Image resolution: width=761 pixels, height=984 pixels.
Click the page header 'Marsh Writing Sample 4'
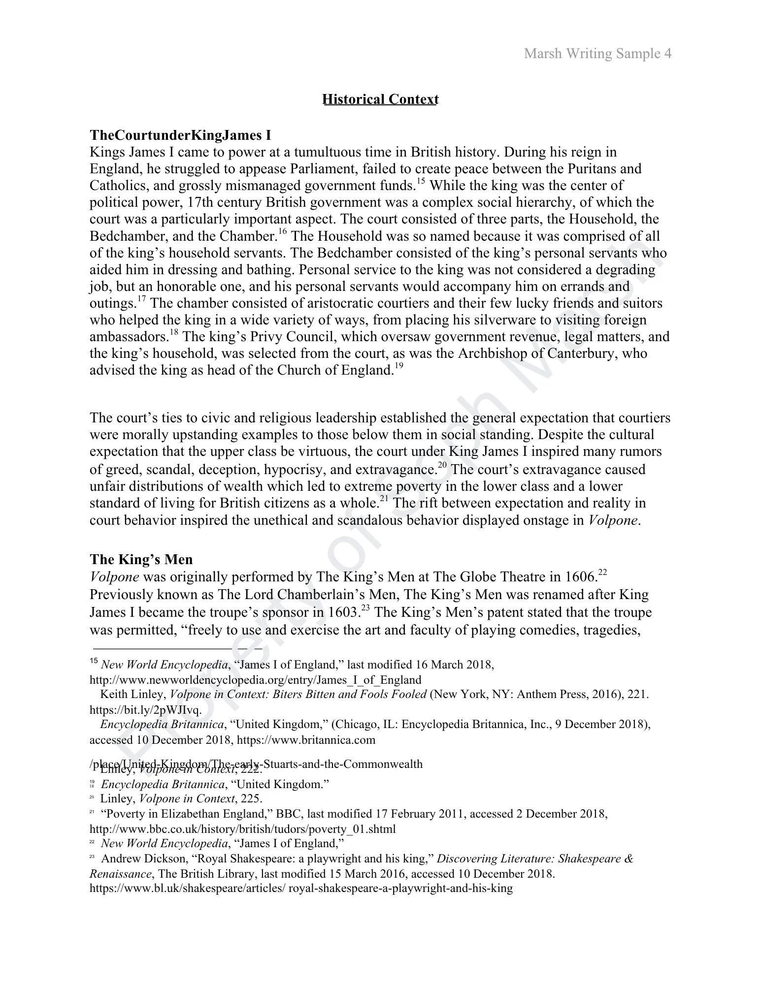pyautogui.click(x=597, y=53)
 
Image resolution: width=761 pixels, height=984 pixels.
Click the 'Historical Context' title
pyautogui.click(x=380, y=99)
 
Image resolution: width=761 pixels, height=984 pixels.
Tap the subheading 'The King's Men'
pyautogui.click(x=141, y=560)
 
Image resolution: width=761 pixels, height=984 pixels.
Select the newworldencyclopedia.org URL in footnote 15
pyautogui.click(x=255, y=680)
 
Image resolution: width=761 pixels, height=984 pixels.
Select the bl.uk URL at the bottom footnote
pyautogui.click(x=301, y=889)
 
